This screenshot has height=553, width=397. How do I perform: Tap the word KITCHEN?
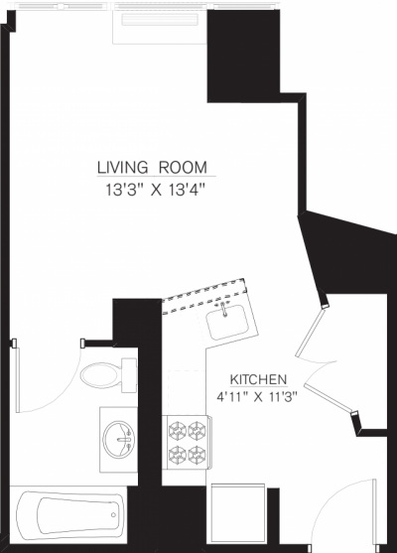(x=258, y=380)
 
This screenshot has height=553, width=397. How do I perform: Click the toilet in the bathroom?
(x=99, y=374)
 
